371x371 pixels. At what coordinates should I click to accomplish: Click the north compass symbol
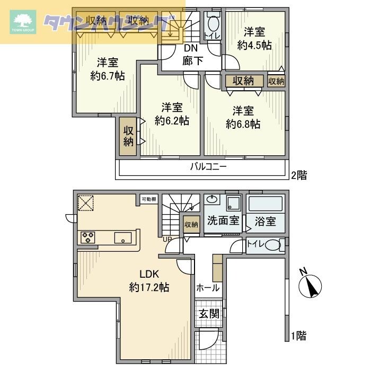coord(311,287)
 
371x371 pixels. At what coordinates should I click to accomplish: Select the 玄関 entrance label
coord(209,313)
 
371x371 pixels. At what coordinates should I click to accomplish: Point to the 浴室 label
coord(264,221)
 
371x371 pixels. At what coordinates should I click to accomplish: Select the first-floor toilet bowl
coord(271,245)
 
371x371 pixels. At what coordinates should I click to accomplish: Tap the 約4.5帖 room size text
coord(254,45)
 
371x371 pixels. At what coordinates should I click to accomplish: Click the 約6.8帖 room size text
coord(243,124)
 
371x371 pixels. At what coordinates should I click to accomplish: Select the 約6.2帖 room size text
coord(172,120)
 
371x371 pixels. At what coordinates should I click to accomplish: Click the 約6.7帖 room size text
coord(108,75)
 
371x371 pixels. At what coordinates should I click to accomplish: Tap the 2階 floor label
coord(298,174)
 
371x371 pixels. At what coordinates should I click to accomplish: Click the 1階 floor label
coord(298,335)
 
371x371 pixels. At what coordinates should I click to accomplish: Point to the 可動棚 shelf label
coord(149,199)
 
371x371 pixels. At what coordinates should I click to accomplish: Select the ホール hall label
coord(208,288)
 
